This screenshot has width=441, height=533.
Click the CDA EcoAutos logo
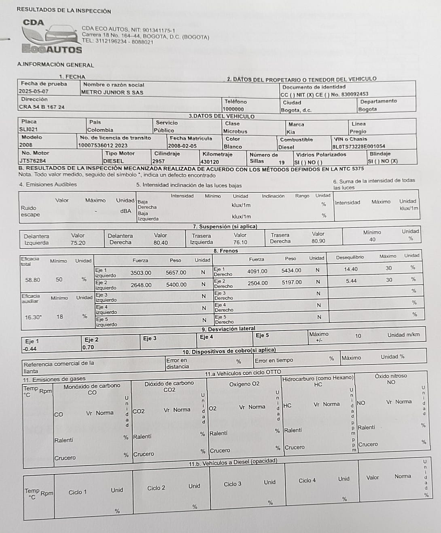51,37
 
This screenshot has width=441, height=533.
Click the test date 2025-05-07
34,92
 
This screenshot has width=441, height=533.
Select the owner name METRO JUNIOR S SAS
112,92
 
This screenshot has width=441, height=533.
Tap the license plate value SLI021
28,130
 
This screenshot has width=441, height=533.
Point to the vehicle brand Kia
290,132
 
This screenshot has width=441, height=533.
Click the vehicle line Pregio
358,132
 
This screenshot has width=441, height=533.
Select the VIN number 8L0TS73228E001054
358,147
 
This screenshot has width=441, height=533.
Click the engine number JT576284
33,161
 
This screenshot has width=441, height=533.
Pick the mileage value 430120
210,162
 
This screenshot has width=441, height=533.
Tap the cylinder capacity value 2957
159,161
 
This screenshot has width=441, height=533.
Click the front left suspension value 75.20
78,243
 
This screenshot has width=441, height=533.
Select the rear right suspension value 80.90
318,241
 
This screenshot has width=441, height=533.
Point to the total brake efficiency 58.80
33,280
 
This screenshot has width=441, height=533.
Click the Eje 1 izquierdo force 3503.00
141,273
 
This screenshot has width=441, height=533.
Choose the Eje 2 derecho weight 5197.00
292,282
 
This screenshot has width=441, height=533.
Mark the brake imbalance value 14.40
351,269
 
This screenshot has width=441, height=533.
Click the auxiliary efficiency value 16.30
33,317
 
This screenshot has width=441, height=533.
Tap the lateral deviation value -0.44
30,349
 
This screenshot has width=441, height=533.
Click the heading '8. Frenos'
226,251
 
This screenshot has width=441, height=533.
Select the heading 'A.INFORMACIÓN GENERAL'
55,65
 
